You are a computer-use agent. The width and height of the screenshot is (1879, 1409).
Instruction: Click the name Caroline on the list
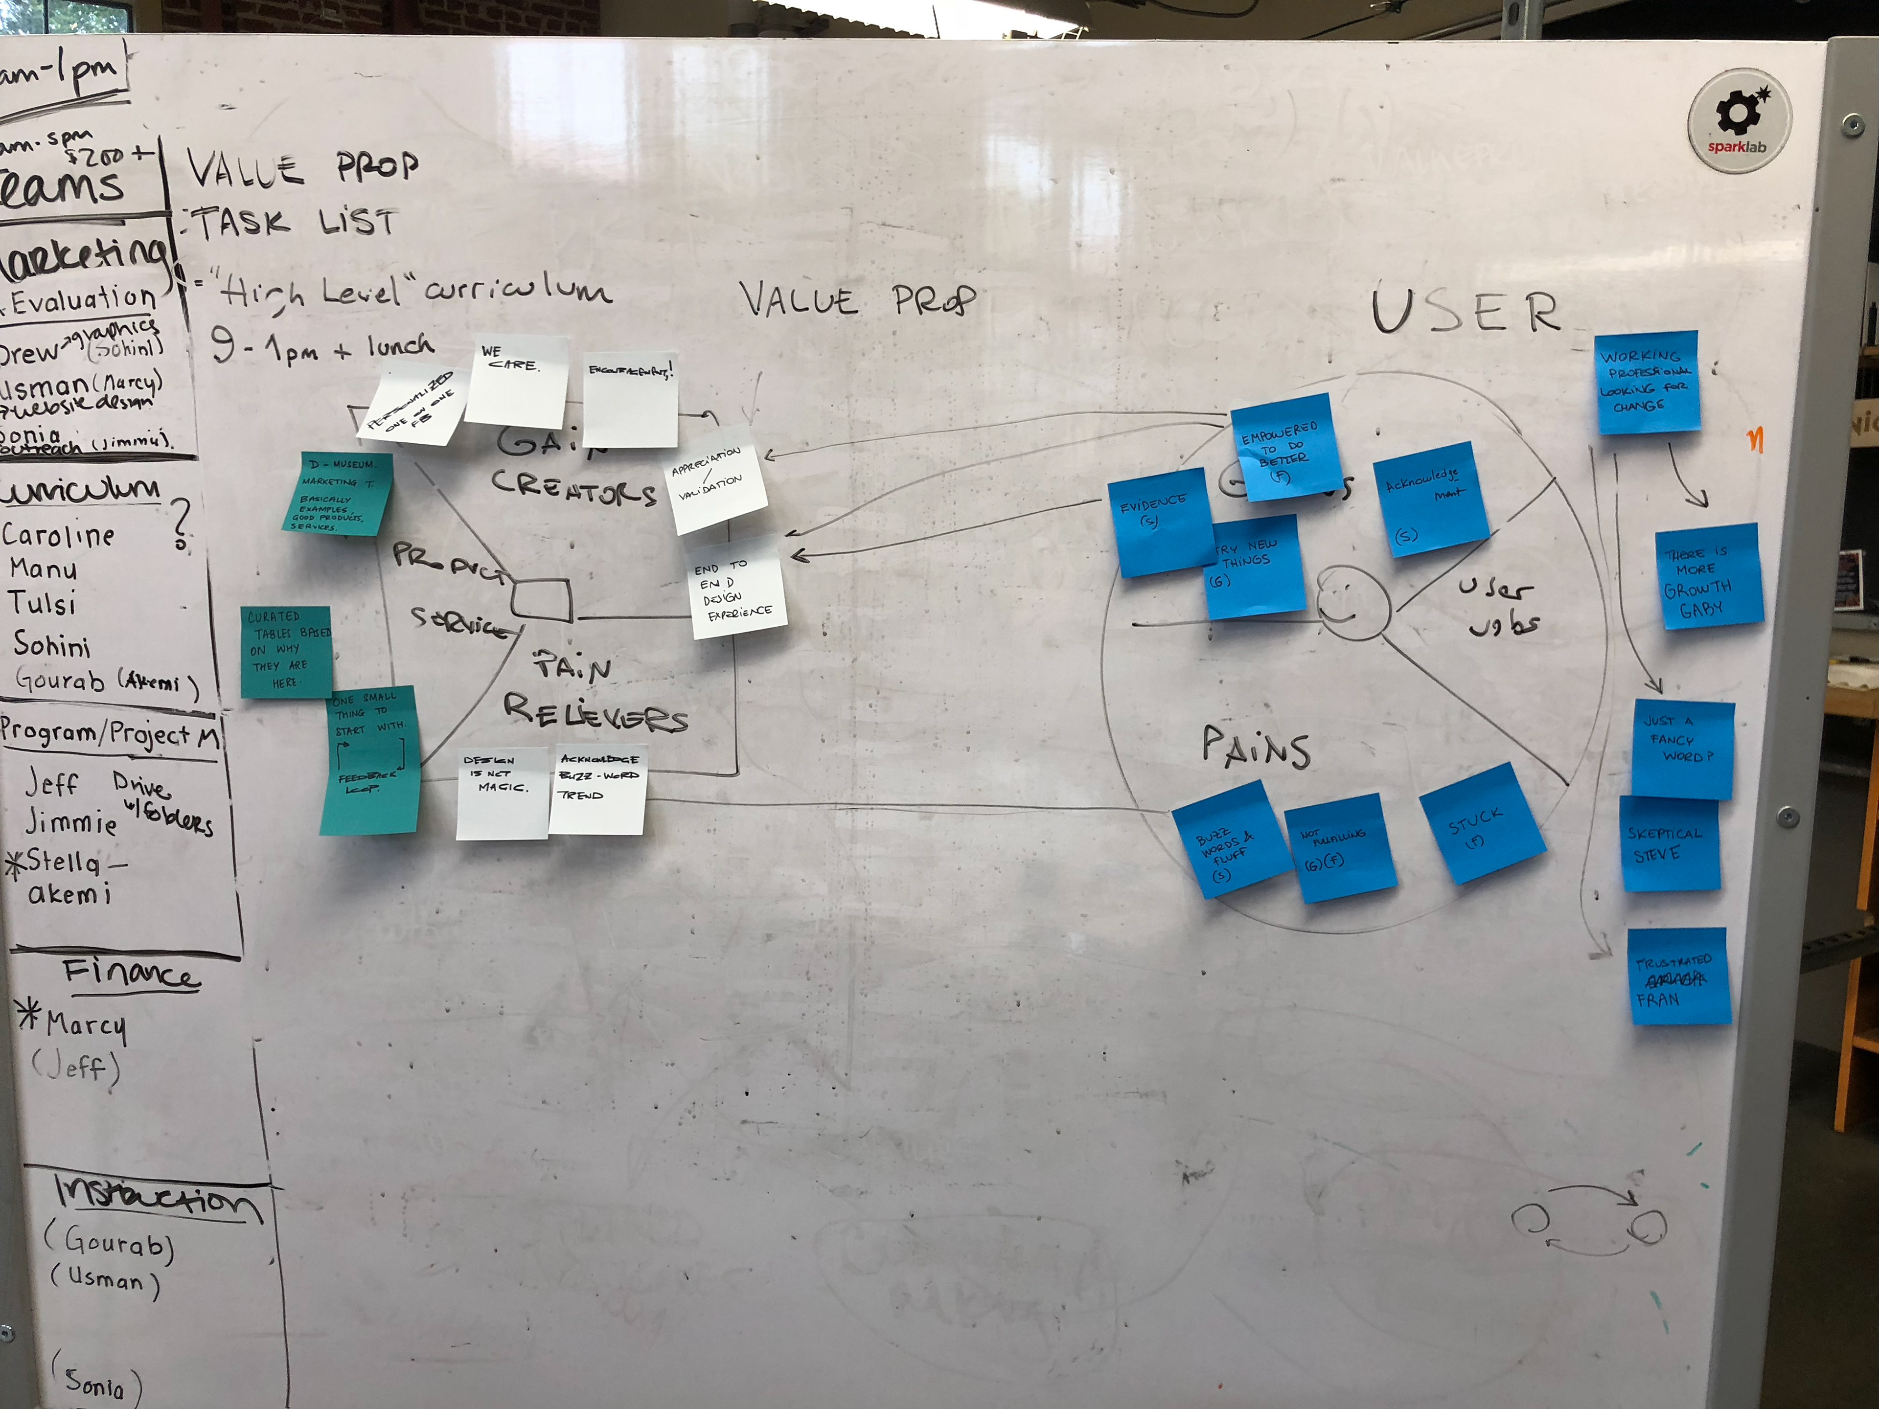[58, 535]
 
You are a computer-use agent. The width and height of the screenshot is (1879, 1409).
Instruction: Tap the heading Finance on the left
[130, 973]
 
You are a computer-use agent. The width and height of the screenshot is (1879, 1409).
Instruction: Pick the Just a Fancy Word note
[1682, 748]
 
